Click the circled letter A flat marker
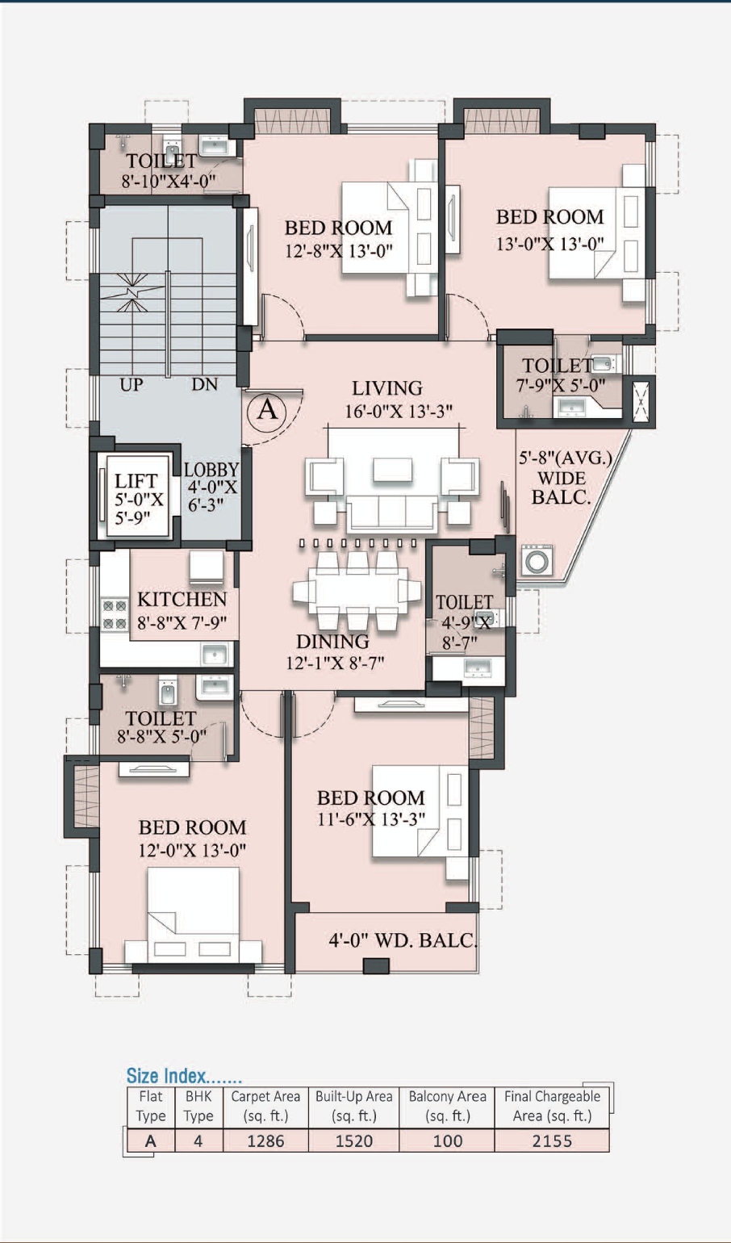pos(267,410)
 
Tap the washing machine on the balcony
pos(537,560)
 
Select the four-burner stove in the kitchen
pos(115,613)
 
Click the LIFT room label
pos(136,480)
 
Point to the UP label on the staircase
pos(131,384)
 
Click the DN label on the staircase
pos(205,384)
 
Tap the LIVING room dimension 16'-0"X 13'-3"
pos(399,412)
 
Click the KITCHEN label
pos(182,599)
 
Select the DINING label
pos(332,642)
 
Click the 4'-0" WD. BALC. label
pos(403,940)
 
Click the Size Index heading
pos(184,1075)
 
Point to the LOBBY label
pos(211,470)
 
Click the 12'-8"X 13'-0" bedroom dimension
pos(339,251)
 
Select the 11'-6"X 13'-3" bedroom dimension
pos(371,818)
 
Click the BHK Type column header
pos(198,1106)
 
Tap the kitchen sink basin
pos(215,655)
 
